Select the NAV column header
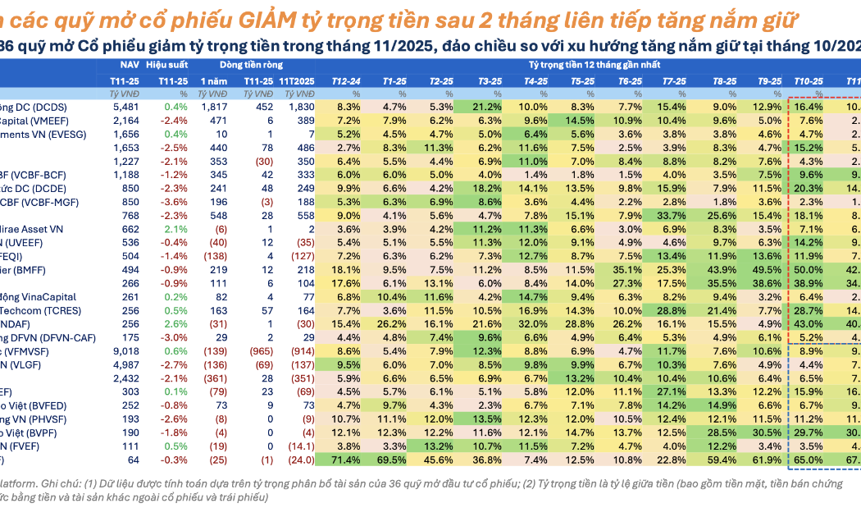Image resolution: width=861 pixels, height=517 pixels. [129, 63]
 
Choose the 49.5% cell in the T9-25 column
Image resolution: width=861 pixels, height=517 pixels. [769, 269]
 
